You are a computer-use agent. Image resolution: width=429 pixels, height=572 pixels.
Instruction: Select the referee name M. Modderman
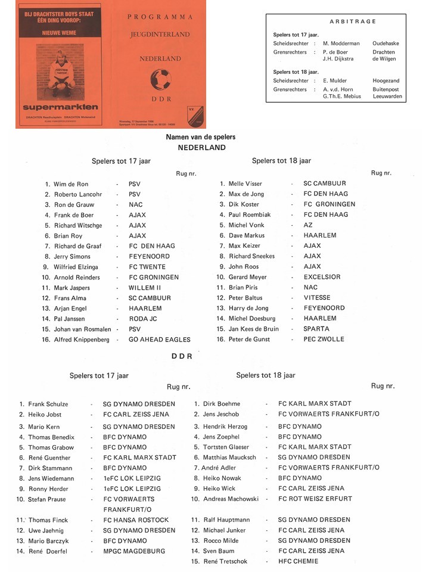342,43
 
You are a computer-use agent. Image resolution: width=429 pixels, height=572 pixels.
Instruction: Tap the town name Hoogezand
386,80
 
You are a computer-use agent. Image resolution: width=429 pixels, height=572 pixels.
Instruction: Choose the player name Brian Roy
69,236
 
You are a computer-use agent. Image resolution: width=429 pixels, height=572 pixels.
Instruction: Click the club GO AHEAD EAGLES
160,340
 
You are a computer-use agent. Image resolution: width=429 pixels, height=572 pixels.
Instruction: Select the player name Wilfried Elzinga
76,267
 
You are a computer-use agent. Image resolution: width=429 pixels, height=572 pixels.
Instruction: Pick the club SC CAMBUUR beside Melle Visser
324,184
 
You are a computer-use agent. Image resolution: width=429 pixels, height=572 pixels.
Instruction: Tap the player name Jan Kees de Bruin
253,329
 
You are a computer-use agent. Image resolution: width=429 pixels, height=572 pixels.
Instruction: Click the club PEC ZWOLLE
324,339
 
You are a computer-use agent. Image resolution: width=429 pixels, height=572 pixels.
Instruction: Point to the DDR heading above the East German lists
181,356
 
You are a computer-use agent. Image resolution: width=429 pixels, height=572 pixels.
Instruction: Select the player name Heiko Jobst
45,415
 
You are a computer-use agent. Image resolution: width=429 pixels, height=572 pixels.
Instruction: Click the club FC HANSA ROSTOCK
136,520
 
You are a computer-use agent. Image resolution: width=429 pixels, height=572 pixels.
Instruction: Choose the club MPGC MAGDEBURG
134,551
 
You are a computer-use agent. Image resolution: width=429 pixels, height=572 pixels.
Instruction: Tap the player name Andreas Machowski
231,499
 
